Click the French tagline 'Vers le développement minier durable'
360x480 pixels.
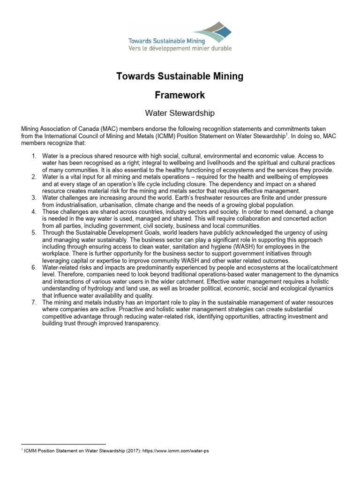(180, 47)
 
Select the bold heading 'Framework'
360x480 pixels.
(180, 95)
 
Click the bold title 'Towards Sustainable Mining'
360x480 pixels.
(180, 76)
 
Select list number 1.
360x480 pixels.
(35, 155)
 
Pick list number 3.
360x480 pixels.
(35, 197)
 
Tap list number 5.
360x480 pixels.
(35, 232)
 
